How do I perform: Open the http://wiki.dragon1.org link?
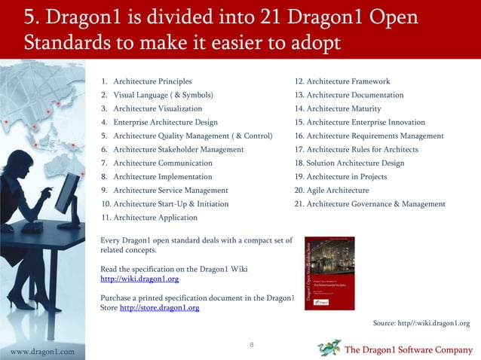[139, 279]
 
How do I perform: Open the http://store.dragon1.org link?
[159, 307]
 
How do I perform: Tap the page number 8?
[251, 345]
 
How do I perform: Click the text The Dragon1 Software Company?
[408, 350]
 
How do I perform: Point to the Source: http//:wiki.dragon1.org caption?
[421, 323]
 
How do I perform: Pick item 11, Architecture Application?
[149, 218]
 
